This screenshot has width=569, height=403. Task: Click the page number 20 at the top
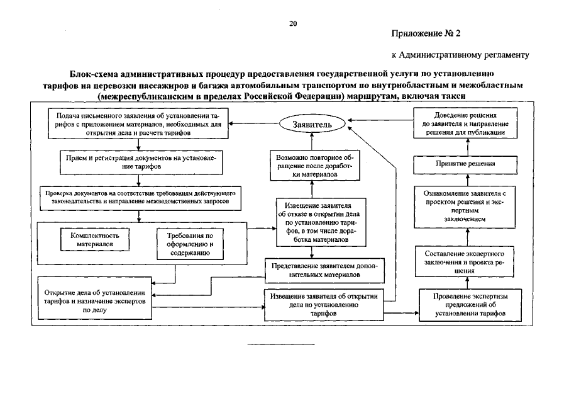[292, 23]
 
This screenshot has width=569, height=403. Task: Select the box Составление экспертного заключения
[466, 262]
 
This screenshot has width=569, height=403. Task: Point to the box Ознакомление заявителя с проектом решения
[466, 207]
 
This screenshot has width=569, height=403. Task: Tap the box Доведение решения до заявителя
[467, 124]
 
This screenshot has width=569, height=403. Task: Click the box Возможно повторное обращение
[312, 166]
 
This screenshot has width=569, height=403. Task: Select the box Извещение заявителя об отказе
[312, 222]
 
